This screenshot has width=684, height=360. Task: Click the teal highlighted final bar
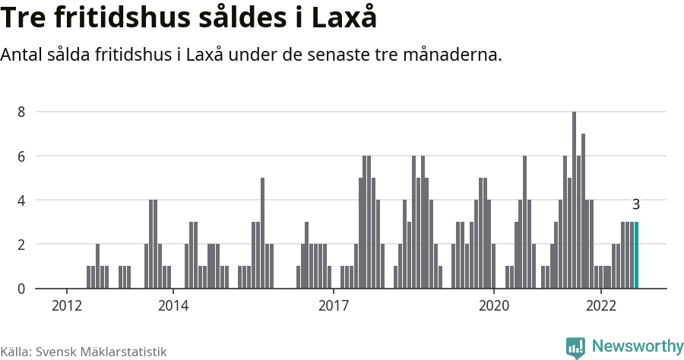click(x=636, y=255)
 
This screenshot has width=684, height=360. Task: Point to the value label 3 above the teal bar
click(x=636, y=204)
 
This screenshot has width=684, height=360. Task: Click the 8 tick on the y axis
click(x=22, y=112)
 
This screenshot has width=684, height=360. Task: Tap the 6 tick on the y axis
click(x=22, y=156)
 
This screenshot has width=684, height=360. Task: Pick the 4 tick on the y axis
click(x=22, y=201)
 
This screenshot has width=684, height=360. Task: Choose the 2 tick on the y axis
click(x=22, y=245)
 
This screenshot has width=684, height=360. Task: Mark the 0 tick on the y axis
click(x=22, y=289)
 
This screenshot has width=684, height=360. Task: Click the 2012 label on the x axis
click(x=67, y=305)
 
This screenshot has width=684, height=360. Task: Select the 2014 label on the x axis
click(x=173, y=305)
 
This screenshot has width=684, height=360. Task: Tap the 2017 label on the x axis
click(x=334, y=305)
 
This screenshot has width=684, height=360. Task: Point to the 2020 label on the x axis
click(x=494, y=305)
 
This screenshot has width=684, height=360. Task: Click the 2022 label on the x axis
click(x=600, y=305)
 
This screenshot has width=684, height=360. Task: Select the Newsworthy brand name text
click(x=637, y=346)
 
